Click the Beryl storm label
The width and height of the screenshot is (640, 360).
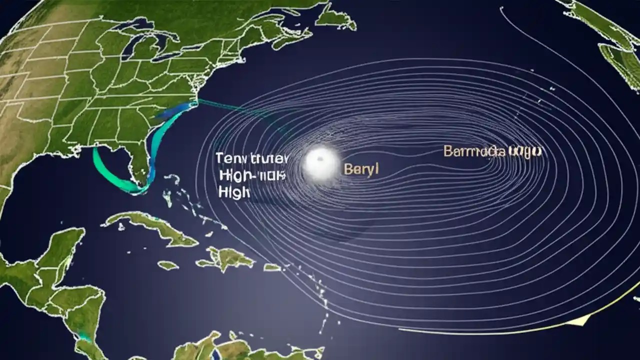(361, 168)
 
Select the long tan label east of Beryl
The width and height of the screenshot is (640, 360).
(493, 151)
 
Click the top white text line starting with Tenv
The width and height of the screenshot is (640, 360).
(251, 158)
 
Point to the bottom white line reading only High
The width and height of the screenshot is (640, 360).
(234, 191)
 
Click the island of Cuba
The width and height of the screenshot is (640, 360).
(150, 227)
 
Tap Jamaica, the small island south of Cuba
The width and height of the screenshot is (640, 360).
(168, 265)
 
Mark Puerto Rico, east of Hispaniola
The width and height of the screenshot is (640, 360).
(272, 267)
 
